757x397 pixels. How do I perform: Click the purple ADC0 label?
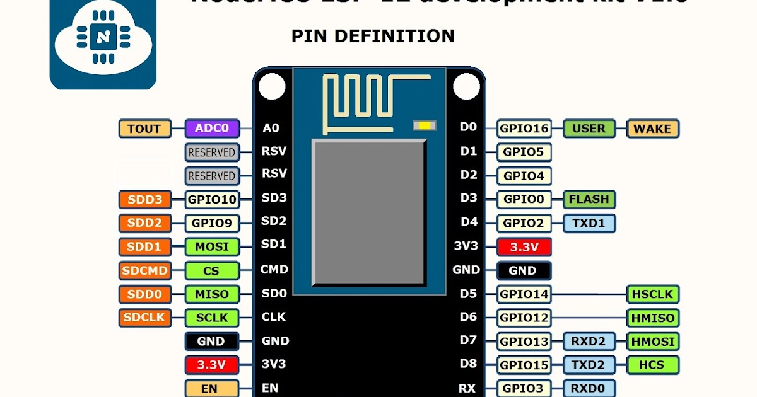213,129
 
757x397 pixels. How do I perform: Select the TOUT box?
144,129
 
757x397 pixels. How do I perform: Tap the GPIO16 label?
524,129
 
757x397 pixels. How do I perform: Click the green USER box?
589,129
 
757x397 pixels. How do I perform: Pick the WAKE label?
652,129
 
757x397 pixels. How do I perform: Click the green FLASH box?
589,199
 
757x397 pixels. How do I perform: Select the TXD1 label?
589,222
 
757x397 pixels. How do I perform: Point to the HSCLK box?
653,294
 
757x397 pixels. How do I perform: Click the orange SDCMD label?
144,271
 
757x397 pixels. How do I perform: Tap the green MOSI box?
212,246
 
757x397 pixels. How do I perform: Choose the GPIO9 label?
212,222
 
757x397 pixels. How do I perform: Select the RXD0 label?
589,388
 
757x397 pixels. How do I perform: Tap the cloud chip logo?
102,38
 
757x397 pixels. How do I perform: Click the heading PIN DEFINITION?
373,36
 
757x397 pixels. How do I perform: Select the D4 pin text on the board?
468,222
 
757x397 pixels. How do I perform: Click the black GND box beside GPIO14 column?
524,270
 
